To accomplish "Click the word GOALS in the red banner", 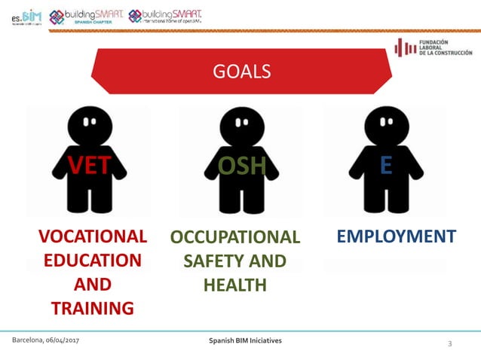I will [x=241, y=72].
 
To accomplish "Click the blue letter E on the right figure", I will [x=387, y=165].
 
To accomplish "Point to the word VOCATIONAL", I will [x=93, y=236].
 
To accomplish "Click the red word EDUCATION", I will [x=93, y=261].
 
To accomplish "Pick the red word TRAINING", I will [x=93, y=307].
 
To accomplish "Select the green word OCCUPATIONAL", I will [x=235, y=237].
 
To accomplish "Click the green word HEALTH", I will [x=235, y=285].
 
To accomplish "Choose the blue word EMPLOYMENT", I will [x=396, y=236].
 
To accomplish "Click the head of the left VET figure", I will [x=90, y=122].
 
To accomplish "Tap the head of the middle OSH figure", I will [x=240, y=123].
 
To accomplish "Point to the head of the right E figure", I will [x=385, y=122].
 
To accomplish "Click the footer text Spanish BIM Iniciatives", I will [x=245, y=341].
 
